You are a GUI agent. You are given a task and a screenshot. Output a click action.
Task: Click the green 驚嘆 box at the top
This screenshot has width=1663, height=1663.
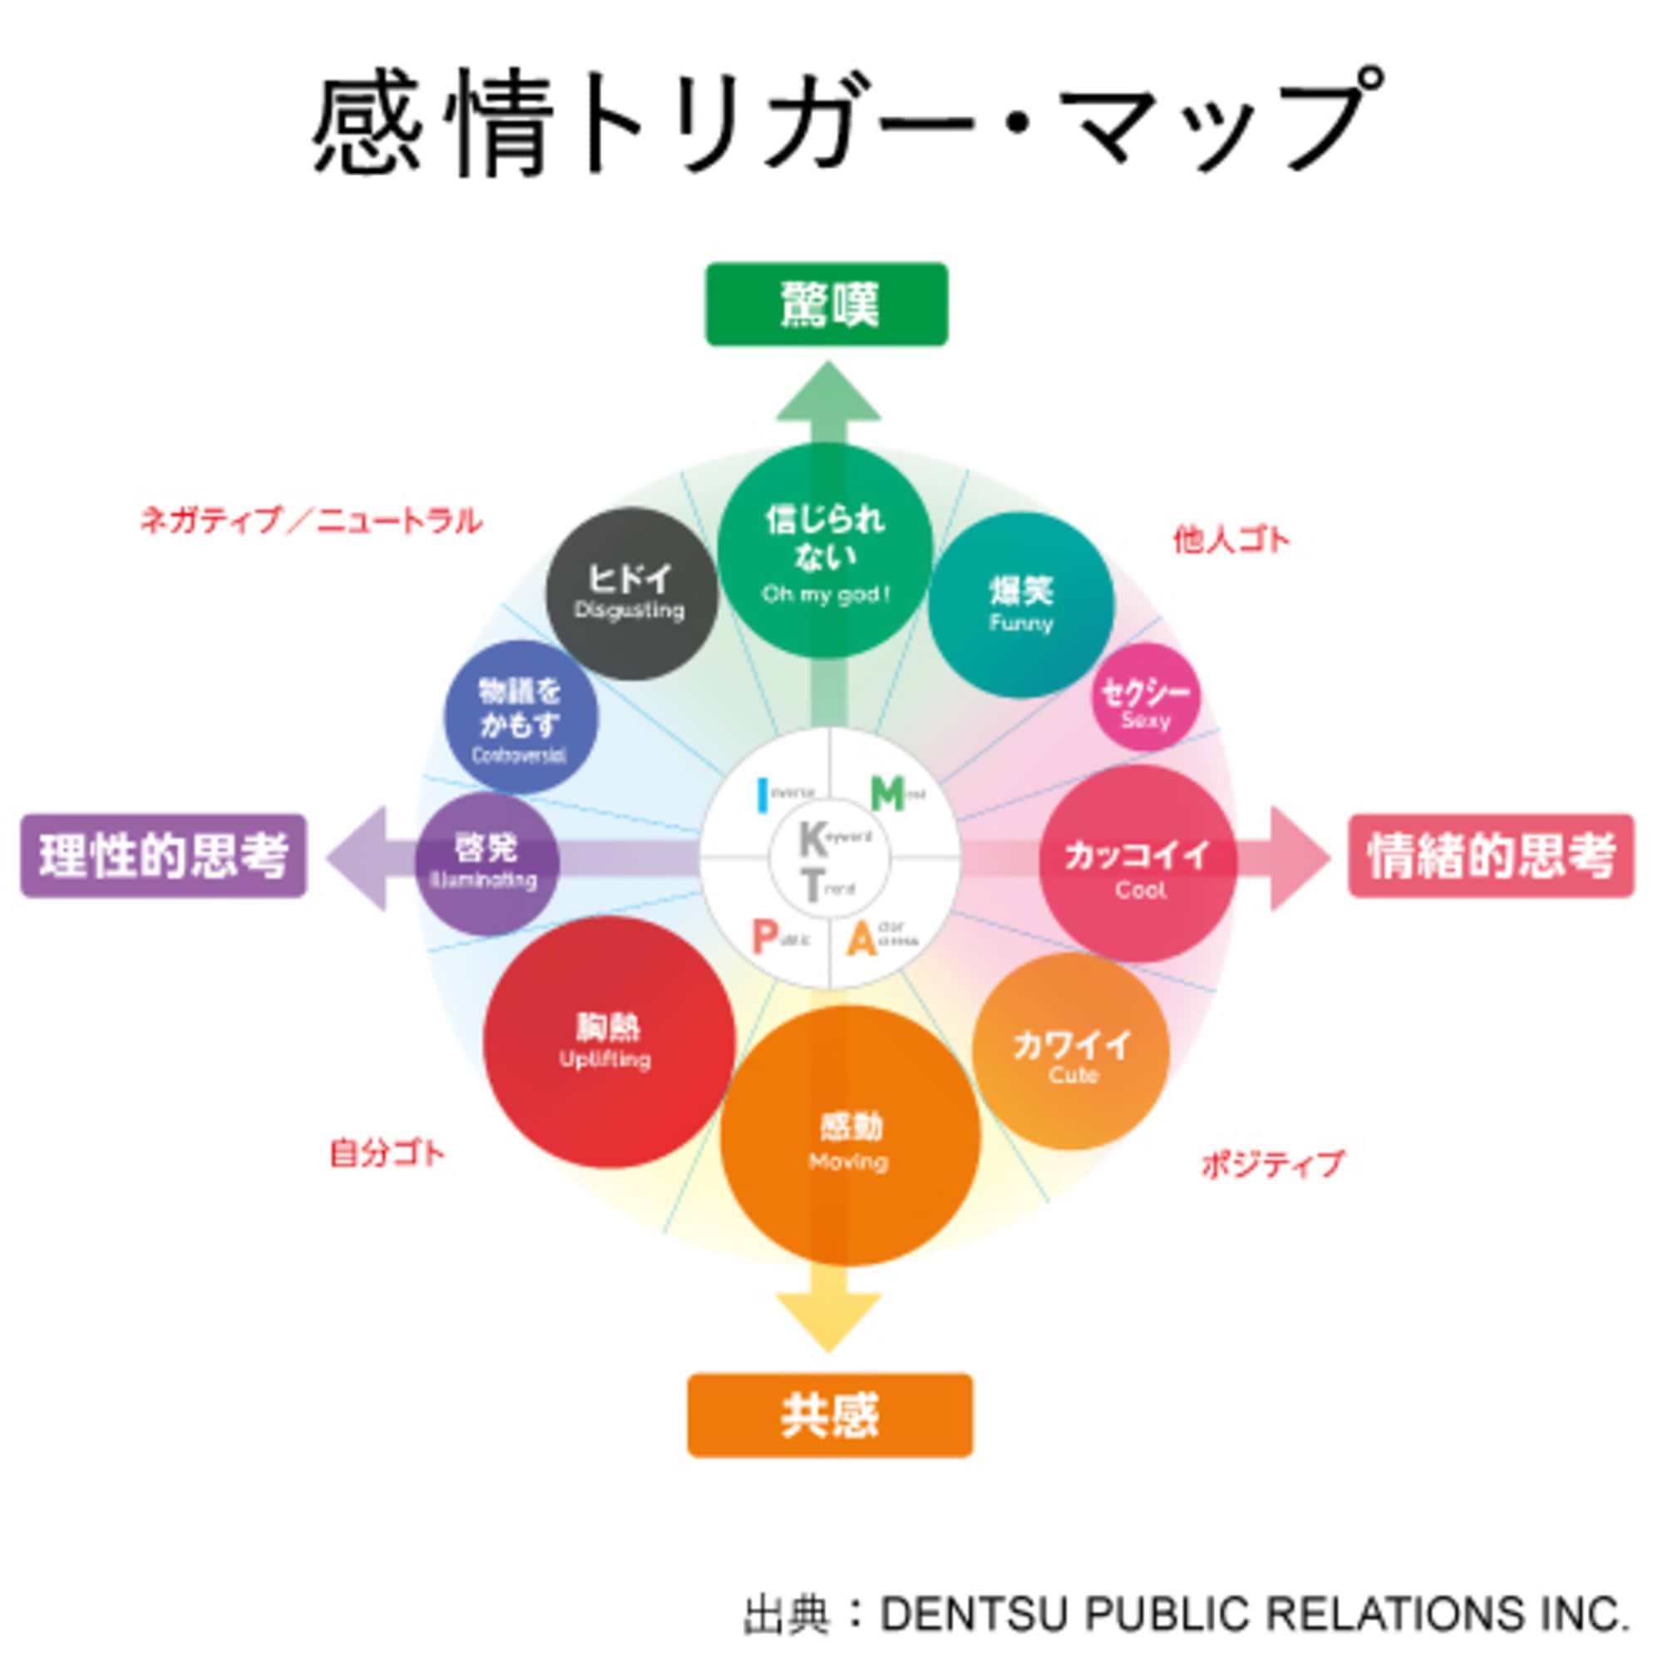coord(827,304)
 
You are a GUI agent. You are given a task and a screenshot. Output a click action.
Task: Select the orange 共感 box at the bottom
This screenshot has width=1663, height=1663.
coord(829,1415)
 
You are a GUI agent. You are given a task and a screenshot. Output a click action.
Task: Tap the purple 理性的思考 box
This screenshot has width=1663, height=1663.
coord(164,856)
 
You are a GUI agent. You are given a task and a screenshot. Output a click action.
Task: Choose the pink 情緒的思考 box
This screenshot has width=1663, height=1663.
coord(1490,856)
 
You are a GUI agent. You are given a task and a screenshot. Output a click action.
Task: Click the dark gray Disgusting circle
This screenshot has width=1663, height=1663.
coord(631,593)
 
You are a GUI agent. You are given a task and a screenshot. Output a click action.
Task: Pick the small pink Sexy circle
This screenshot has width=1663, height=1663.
coord(1146,698)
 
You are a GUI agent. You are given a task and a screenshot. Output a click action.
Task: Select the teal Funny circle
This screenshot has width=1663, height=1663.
coord(1021,605)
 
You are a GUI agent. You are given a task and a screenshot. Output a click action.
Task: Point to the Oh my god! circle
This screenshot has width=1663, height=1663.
coord(825,551)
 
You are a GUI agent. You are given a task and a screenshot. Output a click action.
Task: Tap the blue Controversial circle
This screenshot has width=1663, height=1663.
coord(521,717)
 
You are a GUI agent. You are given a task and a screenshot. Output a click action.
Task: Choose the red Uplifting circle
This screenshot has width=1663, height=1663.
coord(609,1042)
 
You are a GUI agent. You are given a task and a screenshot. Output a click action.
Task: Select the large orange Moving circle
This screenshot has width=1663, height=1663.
coord(850,1135)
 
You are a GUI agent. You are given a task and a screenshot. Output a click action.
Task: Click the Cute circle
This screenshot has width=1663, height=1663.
coord(1071,1051)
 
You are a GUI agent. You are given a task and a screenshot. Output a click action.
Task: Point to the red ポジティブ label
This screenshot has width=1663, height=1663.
coord(1271,1165)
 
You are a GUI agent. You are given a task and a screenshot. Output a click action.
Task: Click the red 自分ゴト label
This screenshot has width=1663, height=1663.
coord(387,1153)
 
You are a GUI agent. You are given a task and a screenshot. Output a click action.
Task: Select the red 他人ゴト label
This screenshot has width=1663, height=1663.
coord(1231,540)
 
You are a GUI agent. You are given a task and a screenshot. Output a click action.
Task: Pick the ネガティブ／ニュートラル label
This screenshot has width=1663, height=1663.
coord(311,520)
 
